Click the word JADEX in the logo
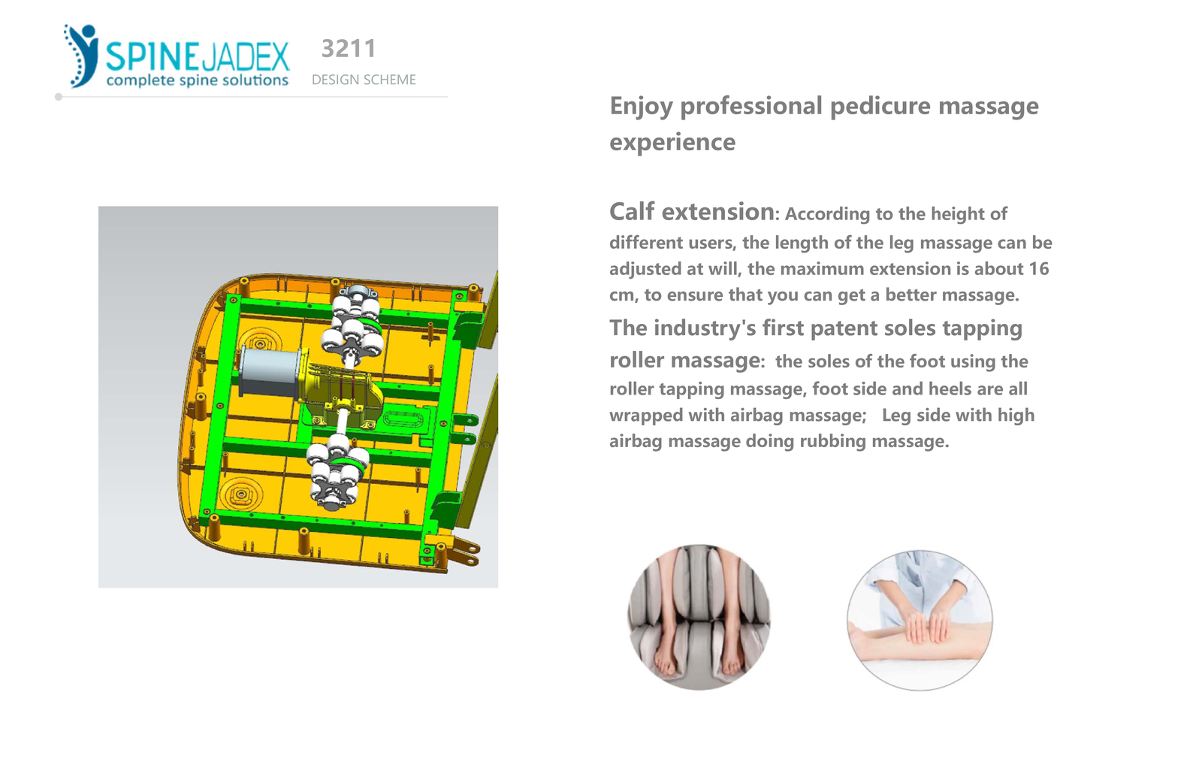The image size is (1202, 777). tap(244, 56)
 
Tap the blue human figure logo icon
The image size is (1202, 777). tap(81, 56)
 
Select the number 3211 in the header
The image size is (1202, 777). tap(349, 49)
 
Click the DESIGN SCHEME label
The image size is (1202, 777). tap(364, 80)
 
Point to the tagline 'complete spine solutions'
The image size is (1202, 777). tap(198, 80)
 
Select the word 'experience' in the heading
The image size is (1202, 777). tap(672, 142)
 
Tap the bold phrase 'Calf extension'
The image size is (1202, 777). tap(692, 211)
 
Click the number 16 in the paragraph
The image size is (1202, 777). tap(1038, 269)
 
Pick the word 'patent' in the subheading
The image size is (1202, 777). tap(844, 328)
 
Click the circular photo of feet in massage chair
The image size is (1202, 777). tap(699, 618)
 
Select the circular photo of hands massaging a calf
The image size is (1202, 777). tap(920, 620)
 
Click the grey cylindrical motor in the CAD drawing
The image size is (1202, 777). tap(268, 372)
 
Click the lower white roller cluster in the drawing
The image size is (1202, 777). tap(337, 470)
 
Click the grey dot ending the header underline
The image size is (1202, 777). tap(59, 97)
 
